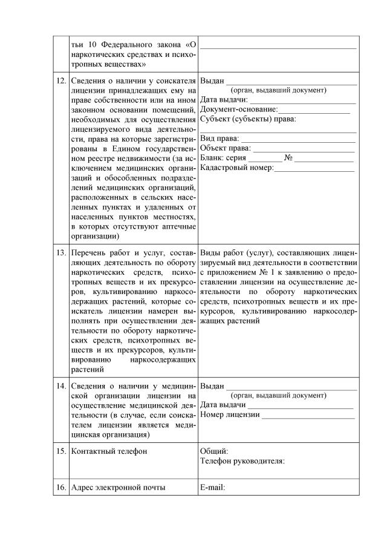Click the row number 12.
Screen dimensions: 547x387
60,81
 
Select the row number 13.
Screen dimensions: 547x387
60,252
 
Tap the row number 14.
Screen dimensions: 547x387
60,386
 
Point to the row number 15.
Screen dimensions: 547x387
60,451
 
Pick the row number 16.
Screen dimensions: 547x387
60,487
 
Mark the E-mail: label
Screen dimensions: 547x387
212,487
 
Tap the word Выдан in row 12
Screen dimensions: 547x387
212,81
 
